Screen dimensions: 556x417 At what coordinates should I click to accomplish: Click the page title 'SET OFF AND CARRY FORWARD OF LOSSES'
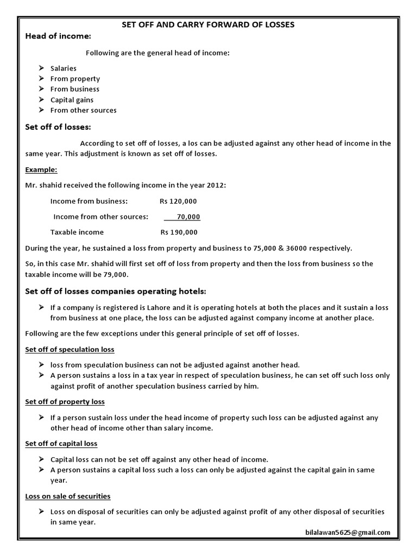[x=208, y=24]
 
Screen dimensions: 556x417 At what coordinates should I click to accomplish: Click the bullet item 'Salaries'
[x=63, y=68]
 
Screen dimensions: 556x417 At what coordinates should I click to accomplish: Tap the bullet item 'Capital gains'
[x=72, y=100]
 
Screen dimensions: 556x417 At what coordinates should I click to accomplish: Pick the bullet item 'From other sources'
[x=83, y=110]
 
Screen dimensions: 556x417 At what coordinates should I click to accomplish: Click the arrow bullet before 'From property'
[x=42, y=79]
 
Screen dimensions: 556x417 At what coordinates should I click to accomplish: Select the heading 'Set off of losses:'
[x=58, y=127]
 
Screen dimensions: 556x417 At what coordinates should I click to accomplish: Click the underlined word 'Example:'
[x=41, y=169]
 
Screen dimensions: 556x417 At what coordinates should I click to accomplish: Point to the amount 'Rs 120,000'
[x=178, y=201]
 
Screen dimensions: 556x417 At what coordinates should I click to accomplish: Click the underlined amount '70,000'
[x=188, y=217]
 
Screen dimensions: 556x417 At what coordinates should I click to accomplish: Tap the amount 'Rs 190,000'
[x=179, y=232]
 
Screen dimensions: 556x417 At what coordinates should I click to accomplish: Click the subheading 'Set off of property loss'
[x=65, y=402]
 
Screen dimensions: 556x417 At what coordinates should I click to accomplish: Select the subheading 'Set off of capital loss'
[x=61, y=444]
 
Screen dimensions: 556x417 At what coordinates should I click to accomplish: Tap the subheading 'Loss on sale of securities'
[x=68, y=496]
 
